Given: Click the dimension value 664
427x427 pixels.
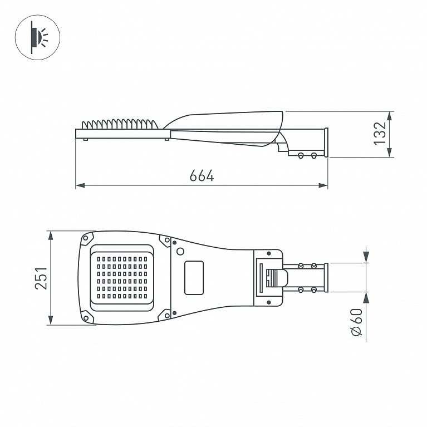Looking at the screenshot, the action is pyautogui.click(x=202, y=176).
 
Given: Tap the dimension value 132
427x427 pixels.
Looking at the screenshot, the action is pyautogui.click(x=380, y=134).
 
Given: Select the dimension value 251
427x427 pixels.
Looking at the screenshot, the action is pyautogui.click(x=41, y=278).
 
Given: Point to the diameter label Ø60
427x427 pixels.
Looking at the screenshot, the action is pyautogui.click(x=356, y=322).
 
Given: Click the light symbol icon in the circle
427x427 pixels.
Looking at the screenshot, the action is pyautogui.click(x=40, y=37).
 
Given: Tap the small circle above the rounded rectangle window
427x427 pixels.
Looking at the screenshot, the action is pyautogui.click(x=180, y=251).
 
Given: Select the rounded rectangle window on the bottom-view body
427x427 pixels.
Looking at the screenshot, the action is pyautogui.click(x=194, y=278).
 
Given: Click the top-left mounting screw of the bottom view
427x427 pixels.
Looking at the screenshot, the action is pyautogui.click(x=86, y=238).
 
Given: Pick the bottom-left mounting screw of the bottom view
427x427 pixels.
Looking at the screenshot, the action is pyautogui.click(x=86, y=318).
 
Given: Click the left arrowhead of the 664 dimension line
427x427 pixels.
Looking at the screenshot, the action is pyautogui.click(x=80, y=185).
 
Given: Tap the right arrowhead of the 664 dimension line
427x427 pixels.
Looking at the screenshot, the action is pyautogui.click(x=323, y=185).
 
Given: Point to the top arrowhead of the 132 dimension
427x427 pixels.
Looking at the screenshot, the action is pyautogui.click(x=390, y=116).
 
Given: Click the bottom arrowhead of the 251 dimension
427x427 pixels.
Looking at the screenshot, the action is pyautogui.click(x=51, y=320).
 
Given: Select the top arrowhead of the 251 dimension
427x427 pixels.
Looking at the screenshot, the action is pyautogui.click(x=51, y=236).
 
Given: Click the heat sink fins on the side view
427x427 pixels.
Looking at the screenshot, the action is pyautogui.click(x=120, y=124).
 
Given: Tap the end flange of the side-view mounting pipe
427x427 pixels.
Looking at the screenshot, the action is pyautogui.click(x=326, y=143).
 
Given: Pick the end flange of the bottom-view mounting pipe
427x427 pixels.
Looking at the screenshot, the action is pyautogui.click(x=326, y=278).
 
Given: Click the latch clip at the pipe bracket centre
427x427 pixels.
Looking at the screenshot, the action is pyautogui.click(x=277, y=278).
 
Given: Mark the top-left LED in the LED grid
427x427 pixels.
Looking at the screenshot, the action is pyautogui.click(x=99, y=259).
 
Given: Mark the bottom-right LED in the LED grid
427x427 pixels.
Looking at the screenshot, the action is pyautogui.click(x=145, y=296).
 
